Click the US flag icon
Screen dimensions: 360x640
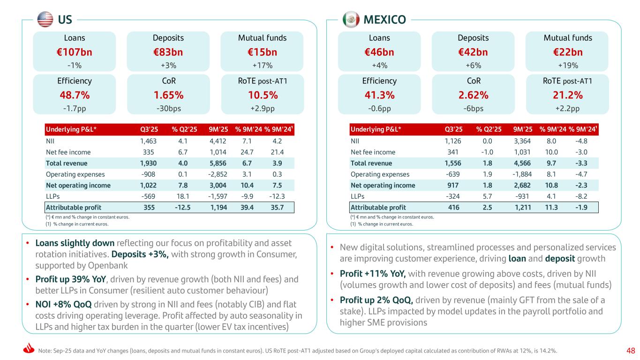[x=45, y=19]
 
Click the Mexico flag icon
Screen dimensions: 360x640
[x=351, y=20]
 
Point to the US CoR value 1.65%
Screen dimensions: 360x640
[x=168, y=95]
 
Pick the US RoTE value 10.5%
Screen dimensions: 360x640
[x=263, y=95]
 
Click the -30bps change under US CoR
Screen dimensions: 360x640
[x=168, y=108]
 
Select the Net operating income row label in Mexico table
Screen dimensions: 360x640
[x=383, y=185]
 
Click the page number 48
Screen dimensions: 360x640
[x=631, y=350]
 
